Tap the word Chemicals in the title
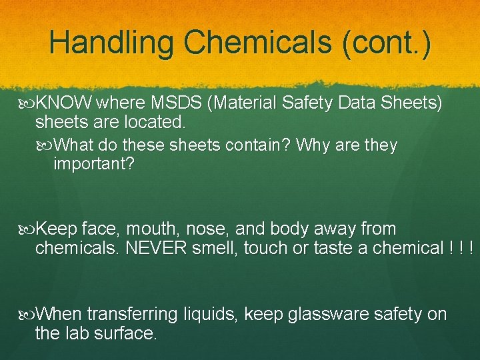click(259, 43)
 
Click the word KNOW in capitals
click(65, 103)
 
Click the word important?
click(93, 164)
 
